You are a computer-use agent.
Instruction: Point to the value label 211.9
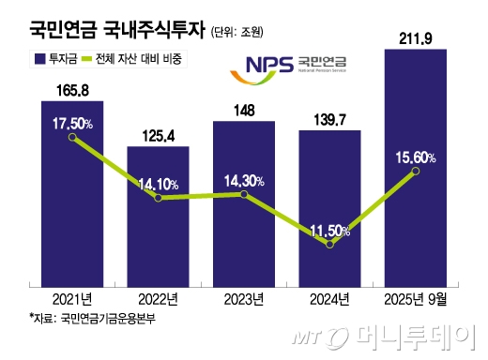[x=416, y=37]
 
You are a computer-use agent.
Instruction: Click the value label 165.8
[x=72, y=90]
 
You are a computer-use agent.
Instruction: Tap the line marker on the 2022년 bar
[x=159, y=198]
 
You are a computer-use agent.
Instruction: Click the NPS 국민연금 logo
[x=282, y=65]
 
